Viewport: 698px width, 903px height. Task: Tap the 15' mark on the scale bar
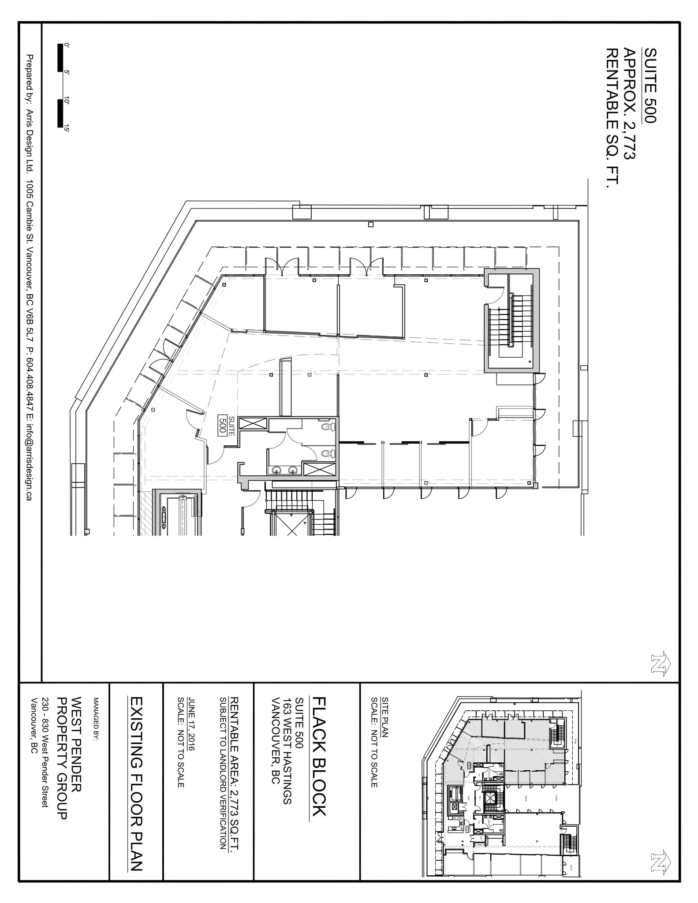click(x=67, y=128)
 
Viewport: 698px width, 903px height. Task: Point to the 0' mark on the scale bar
click(x=67, y=45)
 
